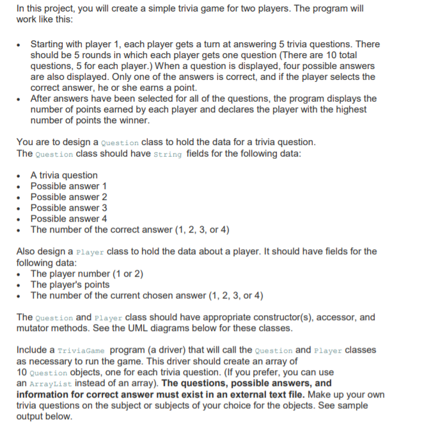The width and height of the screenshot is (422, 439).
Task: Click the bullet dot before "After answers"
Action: [x=22, y=99]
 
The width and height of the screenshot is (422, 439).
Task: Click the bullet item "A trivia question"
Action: [x=64, y=175]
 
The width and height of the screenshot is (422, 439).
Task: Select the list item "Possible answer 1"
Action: [x=68, y=186]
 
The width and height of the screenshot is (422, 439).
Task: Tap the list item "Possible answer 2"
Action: [x=68, y=197]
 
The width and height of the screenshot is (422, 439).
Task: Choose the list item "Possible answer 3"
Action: [x=68, y=208]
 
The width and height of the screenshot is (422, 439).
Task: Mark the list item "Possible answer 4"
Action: [x=68, y=219]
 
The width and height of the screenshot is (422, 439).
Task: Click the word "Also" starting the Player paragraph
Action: [x=26, y=251]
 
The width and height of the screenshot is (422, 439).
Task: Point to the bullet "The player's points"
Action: [x=70, y=284]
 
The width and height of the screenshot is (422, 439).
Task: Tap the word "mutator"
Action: [x=35, y=328]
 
